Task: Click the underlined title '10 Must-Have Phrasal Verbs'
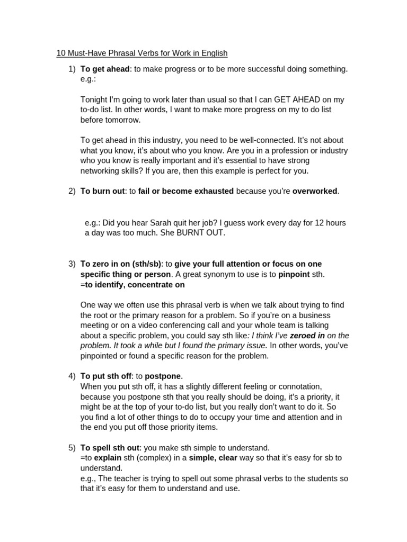[142, 53]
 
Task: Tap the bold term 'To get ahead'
[105, 69]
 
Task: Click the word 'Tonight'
[94, 100]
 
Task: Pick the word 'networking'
[100, 171]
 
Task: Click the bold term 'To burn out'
[102, 191]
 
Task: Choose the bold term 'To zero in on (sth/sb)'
[121, 264]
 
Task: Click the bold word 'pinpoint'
[294, 274]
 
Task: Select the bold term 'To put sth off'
[105, 376]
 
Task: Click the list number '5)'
[72, 448]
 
